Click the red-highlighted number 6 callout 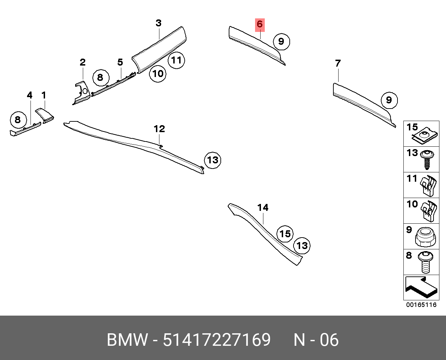click(260, 24)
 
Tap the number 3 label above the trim click(158, 23)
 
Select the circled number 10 click(158, 74)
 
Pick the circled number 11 click(176, 60)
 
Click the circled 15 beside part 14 click(285, 234)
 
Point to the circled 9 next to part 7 click(389, 100)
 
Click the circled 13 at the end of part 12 click(212, 160)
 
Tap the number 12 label click(159, 129)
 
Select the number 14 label click(263, 208)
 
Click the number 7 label click(338, 63)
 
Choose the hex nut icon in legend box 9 click(425, 237)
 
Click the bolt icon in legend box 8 click(426, 262)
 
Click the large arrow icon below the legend click(421, 287)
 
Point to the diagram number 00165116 click(421, 305)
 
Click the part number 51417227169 click(217, 340)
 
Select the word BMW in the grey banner click(127, 340)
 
